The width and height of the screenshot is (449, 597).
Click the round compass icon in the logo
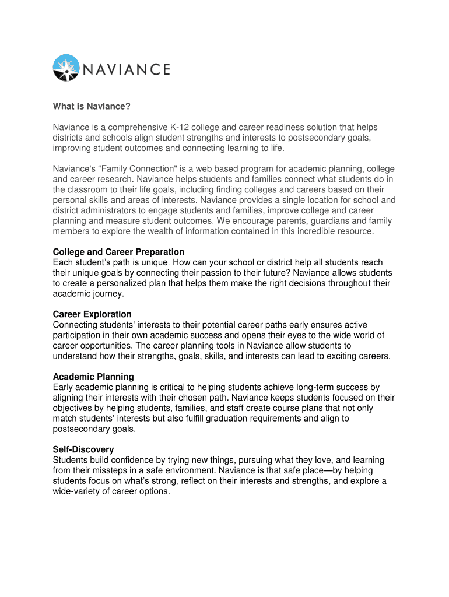tap(66, 68)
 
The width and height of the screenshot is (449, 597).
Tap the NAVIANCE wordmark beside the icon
tap(125, 69)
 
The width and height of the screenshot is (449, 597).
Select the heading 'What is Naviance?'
tap(91, 106)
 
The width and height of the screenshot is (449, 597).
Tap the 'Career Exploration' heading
tap(92, 314)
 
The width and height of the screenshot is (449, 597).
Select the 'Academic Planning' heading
tap(93, 377)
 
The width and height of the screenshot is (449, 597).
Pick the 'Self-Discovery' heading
tap(83, 449)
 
